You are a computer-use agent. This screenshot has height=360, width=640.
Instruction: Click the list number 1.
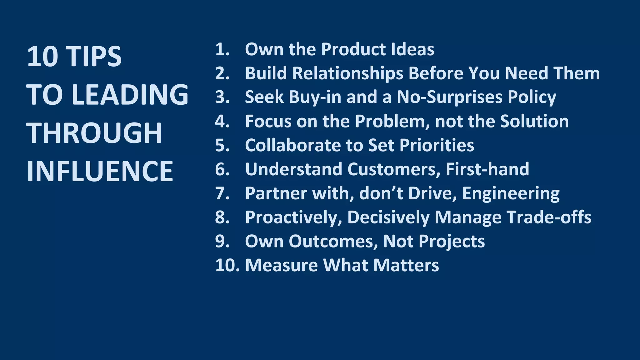pos(222,49)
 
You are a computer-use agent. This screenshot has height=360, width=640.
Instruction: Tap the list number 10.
pos(227,265)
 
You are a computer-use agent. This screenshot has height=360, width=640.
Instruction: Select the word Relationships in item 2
pos(348,73)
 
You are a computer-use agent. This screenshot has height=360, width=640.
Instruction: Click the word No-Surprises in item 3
pos(449,97)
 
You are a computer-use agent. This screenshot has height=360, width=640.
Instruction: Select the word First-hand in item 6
pos(487,169)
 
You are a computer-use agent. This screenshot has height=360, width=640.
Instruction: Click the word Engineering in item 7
pos(511,194)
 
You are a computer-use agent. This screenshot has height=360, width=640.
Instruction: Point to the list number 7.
pos(222,193)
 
